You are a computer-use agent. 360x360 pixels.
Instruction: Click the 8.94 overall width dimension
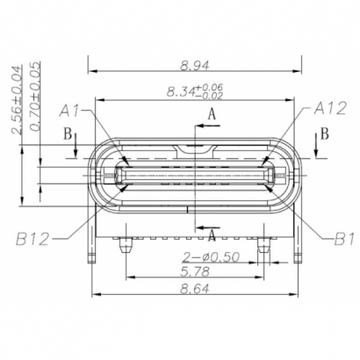[x=194, y=64]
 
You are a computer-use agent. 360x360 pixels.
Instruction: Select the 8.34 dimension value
[x=181, y=91]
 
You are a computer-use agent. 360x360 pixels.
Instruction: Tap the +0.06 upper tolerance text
[x=211, y=87]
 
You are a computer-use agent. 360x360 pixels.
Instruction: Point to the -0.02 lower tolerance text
[x=211, y=96]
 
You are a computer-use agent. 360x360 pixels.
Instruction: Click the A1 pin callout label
[x=70, y=111]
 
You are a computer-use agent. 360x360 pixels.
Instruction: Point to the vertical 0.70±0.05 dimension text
[x=36, y=97]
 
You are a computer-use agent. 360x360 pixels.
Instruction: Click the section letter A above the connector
[x=211, y=115]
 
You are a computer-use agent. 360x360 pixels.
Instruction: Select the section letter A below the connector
[x=212, y=233]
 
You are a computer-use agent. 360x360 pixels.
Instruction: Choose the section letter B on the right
[x=324, y=133]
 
